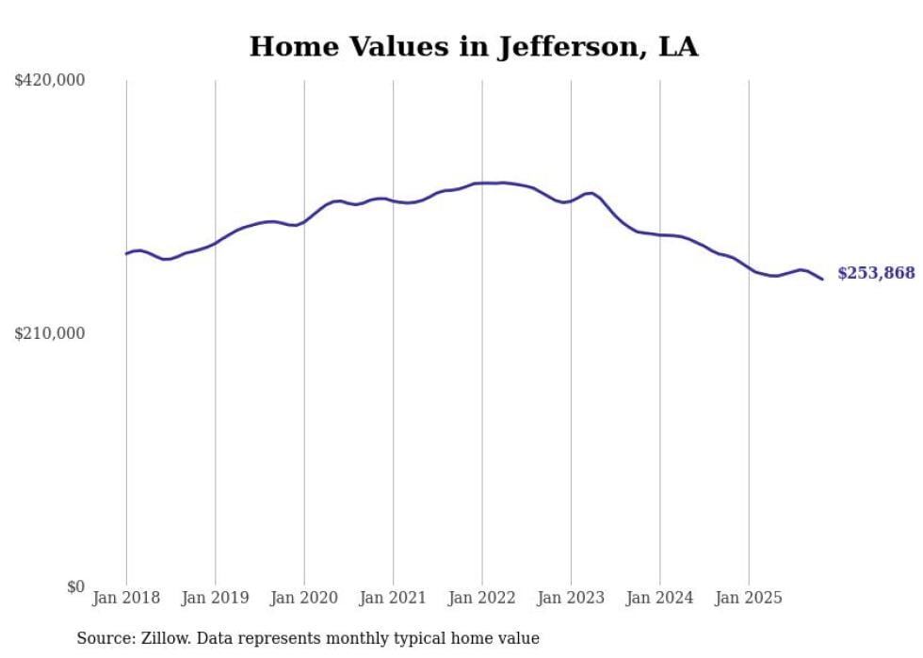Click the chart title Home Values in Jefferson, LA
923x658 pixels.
point(474,47)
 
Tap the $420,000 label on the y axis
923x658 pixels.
point(50,81)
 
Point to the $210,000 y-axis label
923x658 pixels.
point(50,333)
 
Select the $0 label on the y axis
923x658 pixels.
point(75,586)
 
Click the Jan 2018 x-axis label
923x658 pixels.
point(126,598)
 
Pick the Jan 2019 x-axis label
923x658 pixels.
point(215,598)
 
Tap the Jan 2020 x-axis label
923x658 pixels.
point(304,598)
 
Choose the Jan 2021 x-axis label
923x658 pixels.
point(393,598)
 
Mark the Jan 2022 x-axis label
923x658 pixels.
point(482,598)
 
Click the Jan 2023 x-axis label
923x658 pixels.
point(571,598)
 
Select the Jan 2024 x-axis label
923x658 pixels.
point(659,598)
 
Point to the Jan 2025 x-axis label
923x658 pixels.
point(749,598)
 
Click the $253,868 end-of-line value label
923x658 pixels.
point(876,273)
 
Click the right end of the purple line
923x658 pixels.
point(822,279)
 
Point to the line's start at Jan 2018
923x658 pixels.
point(126,253)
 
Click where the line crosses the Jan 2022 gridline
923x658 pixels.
point(482,183)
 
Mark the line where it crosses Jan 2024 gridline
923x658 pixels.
point(659,234)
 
